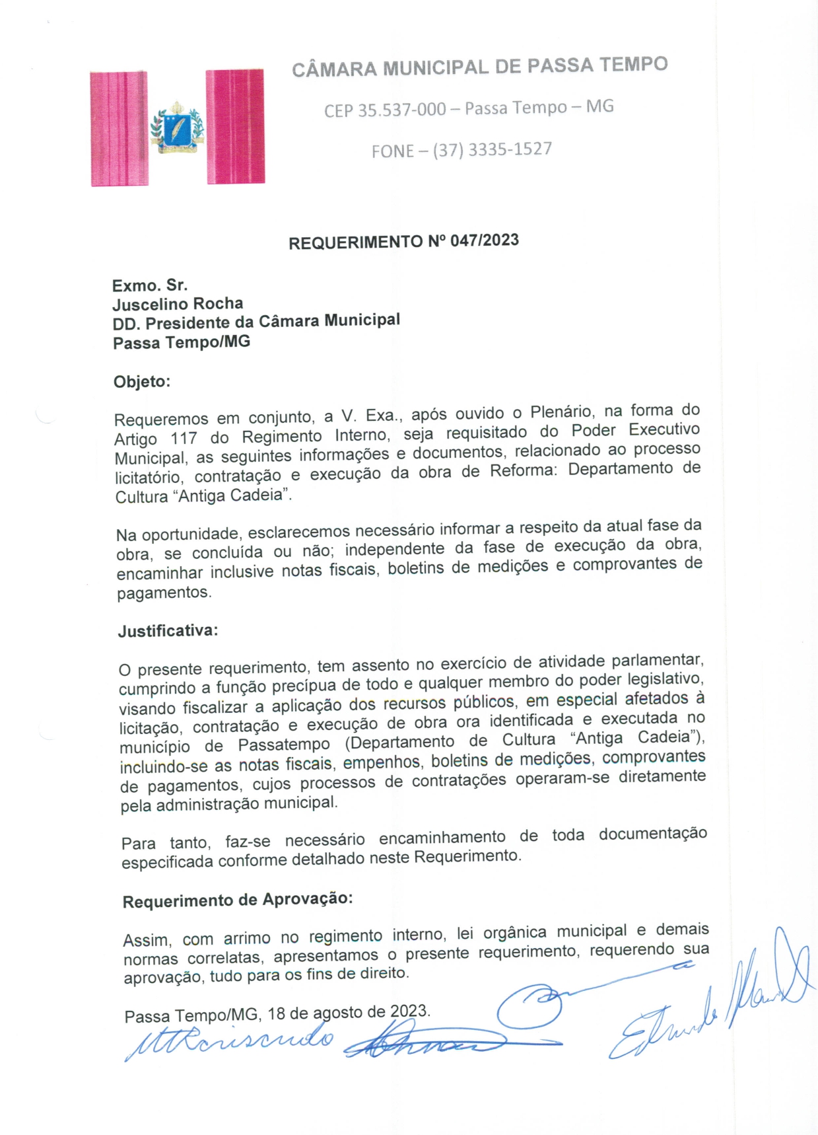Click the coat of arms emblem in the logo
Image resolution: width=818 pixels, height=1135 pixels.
click(177, 128)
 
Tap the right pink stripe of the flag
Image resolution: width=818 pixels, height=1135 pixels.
click(235, 126)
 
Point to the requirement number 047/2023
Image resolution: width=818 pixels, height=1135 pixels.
click(485, 240)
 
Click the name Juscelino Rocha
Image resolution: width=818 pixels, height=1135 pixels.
click(178, 304)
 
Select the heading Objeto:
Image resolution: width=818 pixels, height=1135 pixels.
click(142, 382)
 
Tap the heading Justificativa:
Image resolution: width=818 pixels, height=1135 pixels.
click(168, 631)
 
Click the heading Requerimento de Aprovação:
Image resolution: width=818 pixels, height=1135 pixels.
click(238, 900)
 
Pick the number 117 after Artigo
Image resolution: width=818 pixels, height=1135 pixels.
click(184, 438)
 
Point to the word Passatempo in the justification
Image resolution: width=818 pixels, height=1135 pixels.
click(284, 745)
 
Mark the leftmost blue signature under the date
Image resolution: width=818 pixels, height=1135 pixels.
click(231, 1041)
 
